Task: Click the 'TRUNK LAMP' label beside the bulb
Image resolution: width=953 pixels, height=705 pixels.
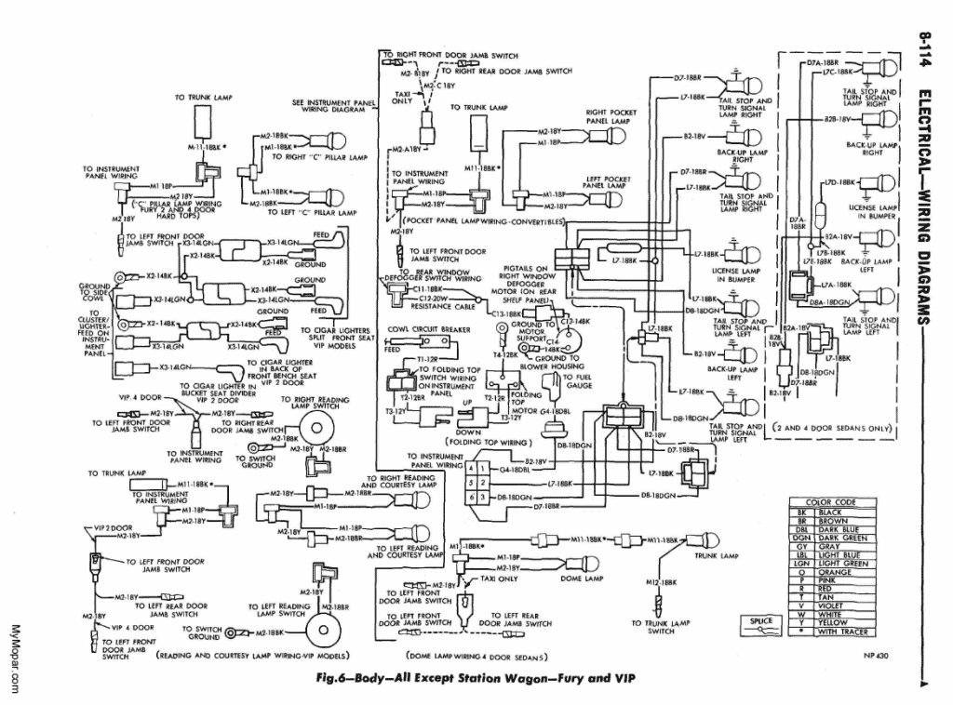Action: (x=716, y=555)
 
